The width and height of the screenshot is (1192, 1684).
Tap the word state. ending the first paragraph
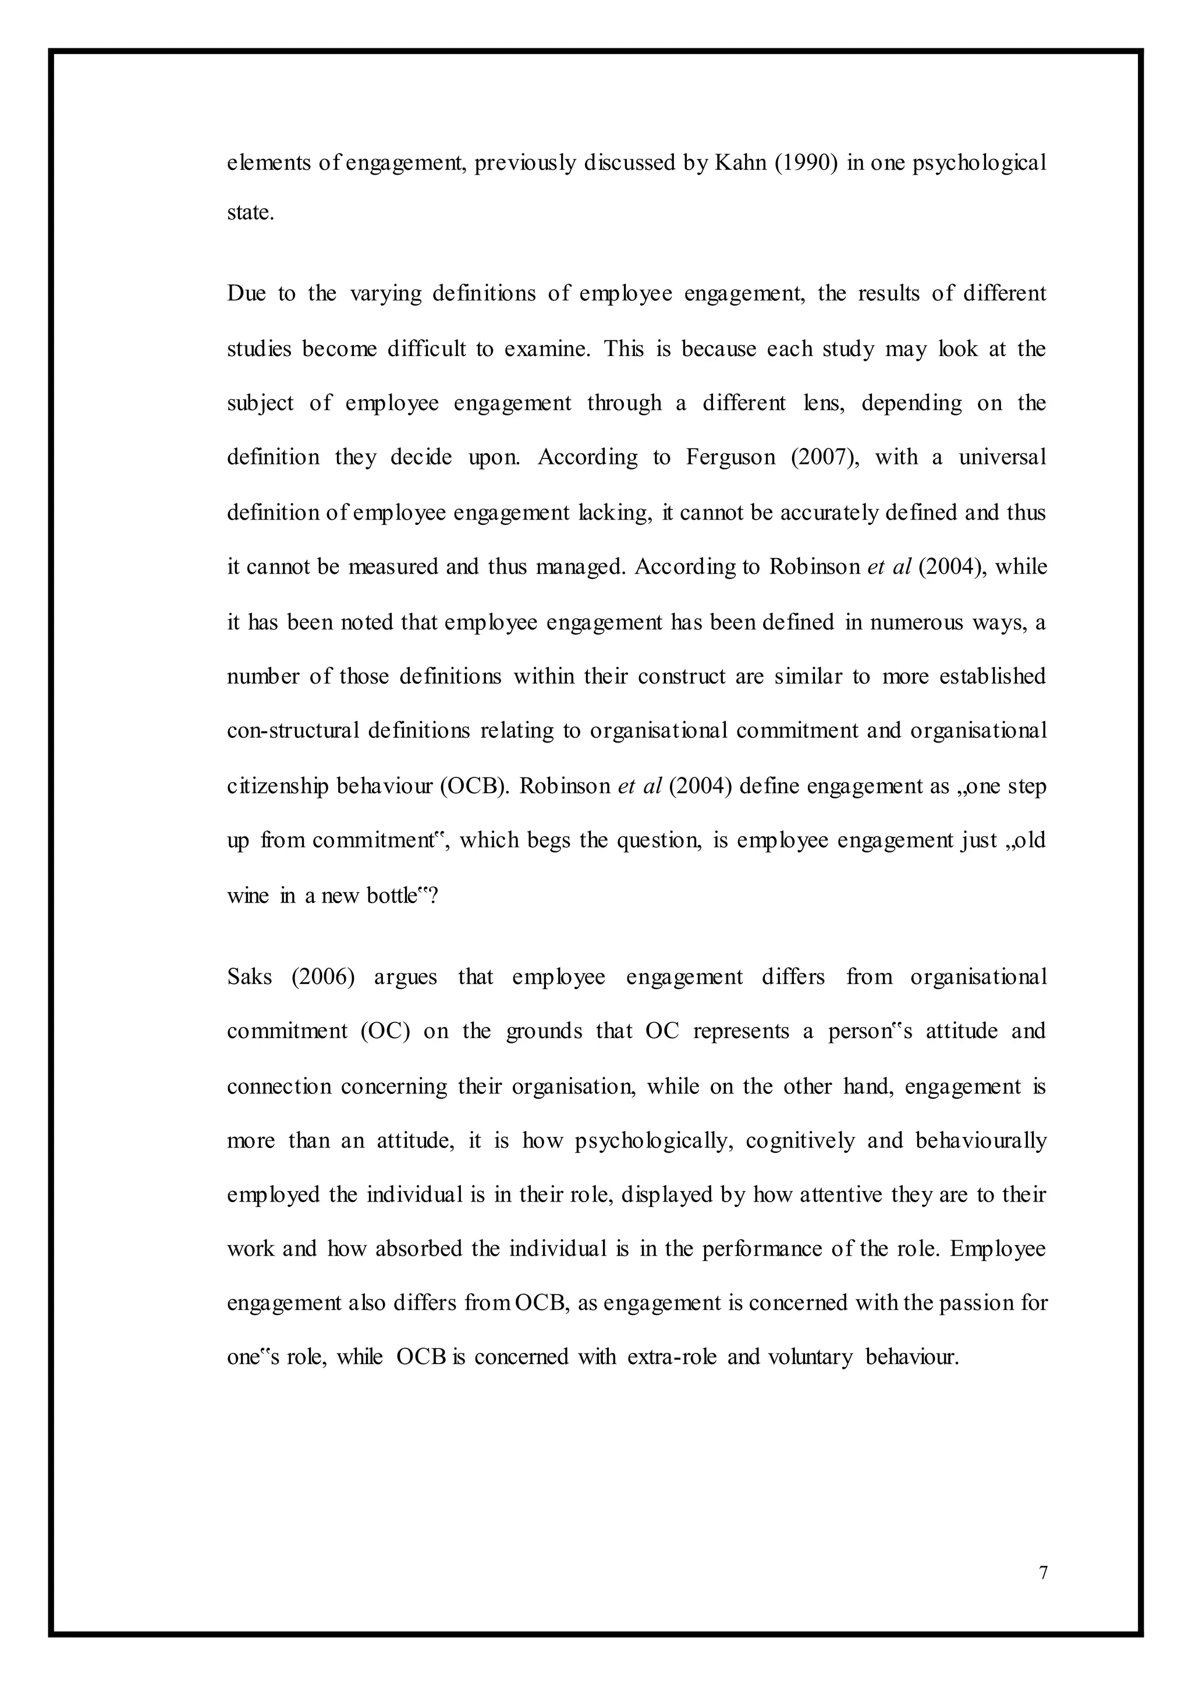250,213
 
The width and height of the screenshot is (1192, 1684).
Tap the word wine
247,896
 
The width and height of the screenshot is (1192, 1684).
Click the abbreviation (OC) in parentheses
385,1032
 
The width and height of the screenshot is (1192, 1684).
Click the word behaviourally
981,1141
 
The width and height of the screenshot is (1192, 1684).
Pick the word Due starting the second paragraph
247,293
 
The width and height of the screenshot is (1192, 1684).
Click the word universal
1002,458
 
